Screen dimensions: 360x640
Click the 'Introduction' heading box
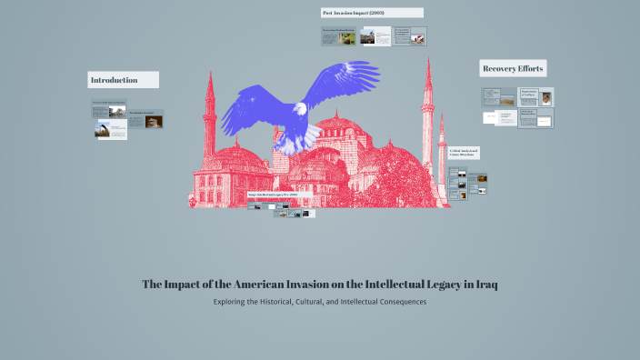coord(123,80)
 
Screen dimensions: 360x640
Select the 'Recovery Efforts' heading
coord(513,69)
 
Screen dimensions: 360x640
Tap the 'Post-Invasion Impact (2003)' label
coord(372,13)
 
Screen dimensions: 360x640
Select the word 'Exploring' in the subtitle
coord(234,302)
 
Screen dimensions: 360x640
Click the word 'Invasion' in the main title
coord(313,285)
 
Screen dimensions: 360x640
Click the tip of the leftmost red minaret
coord(210,75)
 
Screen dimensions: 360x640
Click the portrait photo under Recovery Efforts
coord(546,98)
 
